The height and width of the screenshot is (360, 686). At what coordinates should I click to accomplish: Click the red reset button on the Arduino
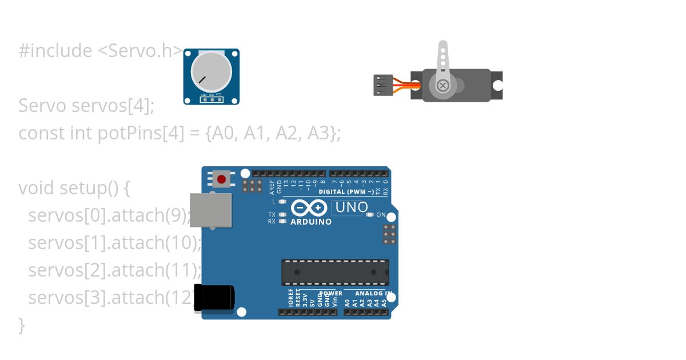pos(221,179)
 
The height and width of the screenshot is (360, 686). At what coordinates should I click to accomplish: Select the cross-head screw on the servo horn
pos(442,86)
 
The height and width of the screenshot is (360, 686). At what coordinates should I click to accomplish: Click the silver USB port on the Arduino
pos(210,210)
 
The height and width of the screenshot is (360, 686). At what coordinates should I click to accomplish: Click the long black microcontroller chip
pos(335,272)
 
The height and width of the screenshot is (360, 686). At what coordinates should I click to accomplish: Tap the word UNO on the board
pos(351,207)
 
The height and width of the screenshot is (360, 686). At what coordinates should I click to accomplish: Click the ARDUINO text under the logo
pos(311,222)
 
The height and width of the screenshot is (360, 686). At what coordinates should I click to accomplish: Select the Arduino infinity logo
pos(309,207)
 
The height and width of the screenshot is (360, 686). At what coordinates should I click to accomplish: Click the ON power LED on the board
pos(370,215)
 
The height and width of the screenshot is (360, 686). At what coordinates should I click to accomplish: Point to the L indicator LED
pos(282,202)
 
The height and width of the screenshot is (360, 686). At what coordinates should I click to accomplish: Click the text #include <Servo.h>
pos(101,51)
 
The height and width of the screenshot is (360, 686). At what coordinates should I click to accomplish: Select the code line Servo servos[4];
pos(86,106)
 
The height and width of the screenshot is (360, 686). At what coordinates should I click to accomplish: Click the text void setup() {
pos(75,188)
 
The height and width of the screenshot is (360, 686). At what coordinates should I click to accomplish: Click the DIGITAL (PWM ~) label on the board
pos(346,192)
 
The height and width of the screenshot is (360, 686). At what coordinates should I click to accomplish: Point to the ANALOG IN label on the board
pos(373,293)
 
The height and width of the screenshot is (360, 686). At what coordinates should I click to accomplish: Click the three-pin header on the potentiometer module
pos(212,99)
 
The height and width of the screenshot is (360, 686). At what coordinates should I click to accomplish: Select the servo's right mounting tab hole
pos(498,86)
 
